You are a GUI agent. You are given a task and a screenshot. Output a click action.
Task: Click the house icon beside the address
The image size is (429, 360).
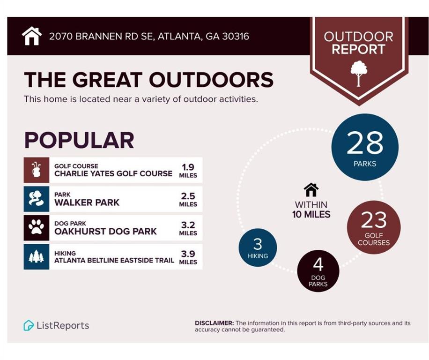[x=32, y=36]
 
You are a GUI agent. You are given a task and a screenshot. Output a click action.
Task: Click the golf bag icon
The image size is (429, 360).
[x=36, y=170]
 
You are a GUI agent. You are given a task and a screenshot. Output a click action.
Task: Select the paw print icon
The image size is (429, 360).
[x=36, y=228]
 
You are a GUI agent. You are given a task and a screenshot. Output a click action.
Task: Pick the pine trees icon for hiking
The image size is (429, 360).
[x=36, y=257]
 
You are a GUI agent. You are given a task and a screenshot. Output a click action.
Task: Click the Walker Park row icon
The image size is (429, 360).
[x=36, y=199]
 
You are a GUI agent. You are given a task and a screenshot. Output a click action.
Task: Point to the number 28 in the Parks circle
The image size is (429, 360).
[x=364, y=143]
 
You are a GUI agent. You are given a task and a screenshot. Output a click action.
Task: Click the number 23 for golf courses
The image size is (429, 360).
[x=374, y=219]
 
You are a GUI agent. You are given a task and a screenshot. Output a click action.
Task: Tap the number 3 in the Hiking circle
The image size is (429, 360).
[x=258, y=244]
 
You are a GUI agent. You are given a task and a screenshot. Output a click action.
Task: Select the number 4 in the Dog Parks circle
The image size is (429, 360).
[x=318, y=264]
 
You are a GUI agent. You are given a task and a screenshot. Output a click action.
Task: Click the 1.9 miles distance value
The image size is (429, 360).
[x=188, y=167]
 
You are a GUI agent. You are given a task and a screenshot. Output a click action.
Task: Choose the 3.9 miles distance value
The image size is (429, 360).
[x=188, y=254]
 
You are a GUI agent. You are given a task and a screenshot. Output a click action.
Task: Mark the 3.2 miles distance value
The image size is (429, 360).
[x=188, y=225]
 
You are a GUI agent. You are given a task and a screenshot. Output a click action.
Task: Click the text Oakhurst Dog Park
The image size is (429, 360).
[x=105, y=231]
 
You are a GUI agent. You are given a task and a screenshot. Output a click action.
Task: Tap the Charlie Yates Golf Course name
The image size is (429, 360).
[x=113, y=173]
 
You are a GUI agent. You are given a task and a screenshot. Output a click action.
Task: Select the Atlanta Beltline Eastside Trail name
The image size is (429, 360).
[x=114, y=260]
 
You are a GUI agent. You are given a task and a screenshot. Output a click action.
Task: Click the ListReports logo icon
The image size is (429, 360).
[x=29, y=325]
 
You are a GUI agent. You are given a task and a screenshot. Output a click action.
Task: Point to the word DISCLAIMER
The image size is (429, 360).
[x=214, y=323]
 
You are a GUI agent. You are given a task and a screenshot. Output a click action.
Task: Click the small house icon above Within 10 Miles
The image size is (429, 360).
[x=311, y=190]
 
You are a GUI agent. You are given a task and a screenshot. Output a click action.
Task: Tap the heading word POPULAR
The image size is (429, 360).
[x=79, y=140]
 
